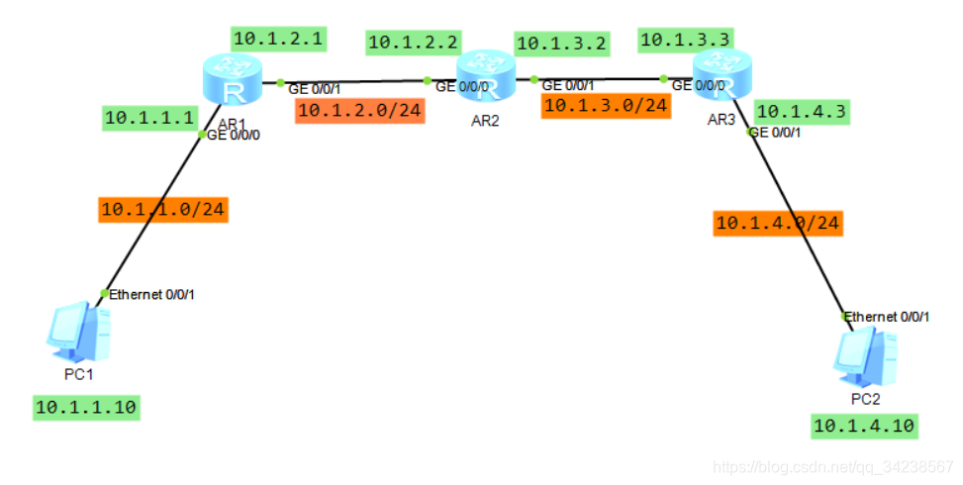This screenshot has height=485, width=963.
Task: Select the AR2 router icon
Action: [x=486, y=76]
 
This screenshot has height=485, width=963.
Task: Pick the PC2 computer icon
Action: [x=864, y=355]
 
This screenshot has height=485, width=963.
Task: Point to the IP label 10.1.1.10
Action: [x=86, y=406]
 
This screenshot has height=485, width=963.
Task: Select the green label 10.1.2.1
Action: [x=278, y=39]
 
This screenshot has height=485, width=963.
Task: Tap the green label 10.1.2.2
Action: [x=413, y=43]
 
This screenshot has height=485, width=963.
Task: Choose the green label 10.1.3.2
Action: [x=562, y=43]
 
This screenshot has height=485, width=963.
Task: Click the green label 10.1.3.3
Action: [x=685, y=40]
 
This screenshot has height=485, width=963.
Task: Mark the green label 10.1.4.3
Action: [x=801, y=112]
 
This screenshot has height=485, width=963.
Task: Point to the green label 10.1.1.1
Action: [x=149, y=118]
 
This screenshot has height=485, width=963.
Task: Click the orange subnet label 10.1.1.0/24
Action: [x=163, y=210]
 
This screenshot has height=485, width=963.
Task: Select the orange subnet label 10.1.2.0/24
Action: [x=360, y=110]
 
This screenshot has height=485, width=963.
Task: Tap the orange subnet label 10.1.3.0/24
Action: [x=606, y=105]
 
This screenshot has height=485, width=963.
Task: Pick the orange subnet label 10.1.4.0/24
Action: [x=778, y=224]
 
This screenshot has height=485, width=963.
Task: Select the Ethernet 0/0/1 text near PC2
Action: [x=887, y=317]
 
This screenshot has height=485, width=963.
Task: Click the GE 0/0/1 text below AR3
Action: [x=775, y=133]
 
